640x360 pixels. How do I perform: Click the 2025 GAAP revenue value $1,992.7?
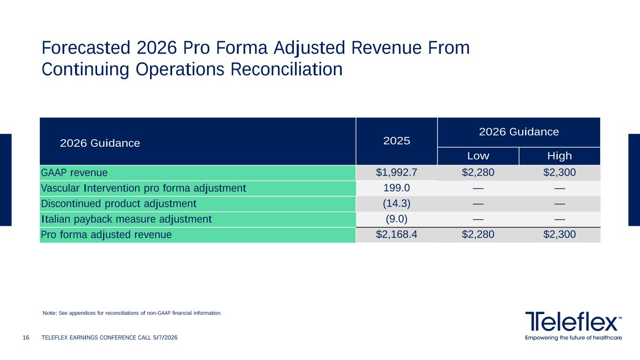[396, 172]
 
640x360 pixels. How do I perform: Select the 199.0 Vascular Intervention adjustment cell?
[397, 187]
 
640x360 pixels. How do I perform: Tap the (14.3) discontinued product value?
[397, 203]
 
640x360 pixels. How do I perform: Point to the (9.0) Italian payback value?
[397, 219]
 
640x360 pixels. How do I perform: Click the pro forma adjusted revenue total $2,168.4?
[396, 234]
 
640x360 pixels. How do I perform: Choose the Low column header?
[478, 156]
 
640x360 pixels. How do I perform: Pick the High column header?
[559, 156]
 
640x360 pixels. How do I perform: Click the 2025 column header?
[397, 141]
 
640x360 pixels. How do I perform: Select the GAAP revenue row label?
[74, 172]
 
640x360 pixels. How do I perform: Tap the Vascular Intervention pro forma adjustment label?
[143, 188]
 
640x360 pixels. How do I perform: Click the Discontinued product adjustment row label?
[119, 204]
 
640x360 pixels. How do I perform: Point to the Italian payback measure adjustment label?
[127, 219]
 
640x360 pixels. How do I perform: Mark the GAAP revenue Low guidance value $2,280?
[478, 172]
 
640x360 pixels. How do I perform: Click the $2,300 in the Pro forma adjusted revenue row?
[559, 234]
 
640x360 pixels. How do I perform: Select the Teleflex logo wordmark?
[573, 322]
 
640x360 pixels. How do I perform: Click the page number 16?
[26, 337]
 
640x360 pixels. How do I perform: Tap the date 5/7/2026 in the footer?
[165, 337]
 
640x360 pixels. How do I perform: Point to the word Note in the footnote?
[50, 313]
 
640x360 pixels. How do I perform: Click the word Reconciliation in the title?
[286, 69]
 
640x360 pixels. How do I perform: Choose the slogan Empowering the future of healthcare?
[573, 337]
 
